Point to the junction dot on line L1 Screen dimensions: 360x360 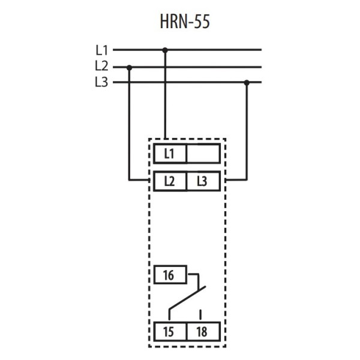[166, 50]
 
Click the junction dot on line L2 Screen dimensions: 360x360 [130, 67]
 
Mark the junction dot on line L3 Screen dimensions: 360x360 [246, 83]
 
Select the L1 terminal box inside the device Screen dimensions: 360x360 [169, 154]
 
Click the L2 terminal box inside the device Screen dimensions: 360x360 [169, 181]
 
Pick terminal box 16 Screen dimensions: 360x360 [169, 276]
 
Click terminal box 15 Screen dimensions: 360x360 [169, 331]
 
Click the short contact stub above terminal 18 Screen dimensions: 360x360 [201, 313]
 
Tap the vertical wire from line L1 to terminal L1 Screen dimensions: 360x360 [166, 96]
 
